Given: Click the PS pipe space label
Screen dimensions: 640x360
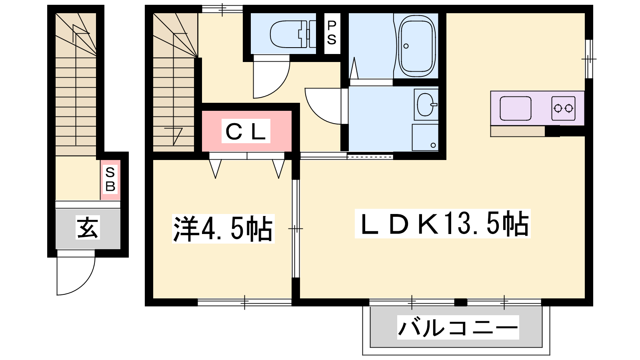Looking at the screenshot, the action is tap(332, 33).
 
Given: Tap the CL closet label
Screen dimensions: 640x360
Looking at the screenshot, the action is tap(246, 131).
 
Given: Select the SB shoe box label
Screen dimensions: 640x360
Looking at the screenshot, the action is tap(110, 180).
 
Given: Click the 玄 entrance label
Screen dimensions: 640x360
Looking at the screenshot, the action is tap(88, 228).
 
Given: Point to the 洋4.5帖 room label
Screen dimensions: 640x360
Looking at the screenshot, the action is tap(223, 228).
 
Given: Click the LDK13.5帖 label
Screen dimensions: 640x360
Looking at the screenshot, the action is tap(442, 224).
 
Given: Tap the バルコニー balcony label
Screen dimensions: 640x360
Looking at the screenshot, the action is tap(458, 328).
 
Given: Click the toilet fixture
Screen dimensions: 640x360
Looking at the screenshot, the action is tap(292, 34).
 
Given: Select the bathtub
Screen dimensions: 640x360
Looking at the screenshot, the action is tap(417, 46).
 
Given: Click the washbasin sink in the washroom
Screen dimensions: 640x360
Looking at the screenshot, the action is tap(426, 104).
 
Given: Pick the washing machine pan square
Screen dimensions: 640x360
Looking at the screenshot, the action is tap(425, 138).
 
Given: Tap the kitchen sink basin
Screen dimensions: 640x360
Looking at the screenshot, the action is tap(516, 108).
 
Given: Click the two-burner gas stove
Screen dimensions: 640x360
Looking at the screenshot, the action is tap(564, 108).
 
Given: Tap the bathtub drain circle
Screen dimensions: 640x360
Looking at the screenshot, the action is tap(406, 46).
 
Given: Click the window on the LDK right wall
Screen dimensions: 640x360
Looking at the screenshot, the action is tap(589, 59).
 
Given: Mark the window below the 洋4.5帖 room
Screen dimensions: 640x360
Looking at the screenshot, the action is tap(244, 302).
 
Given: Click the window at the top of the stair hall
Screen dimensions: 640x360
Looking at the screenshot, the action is tap(222, 9).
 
